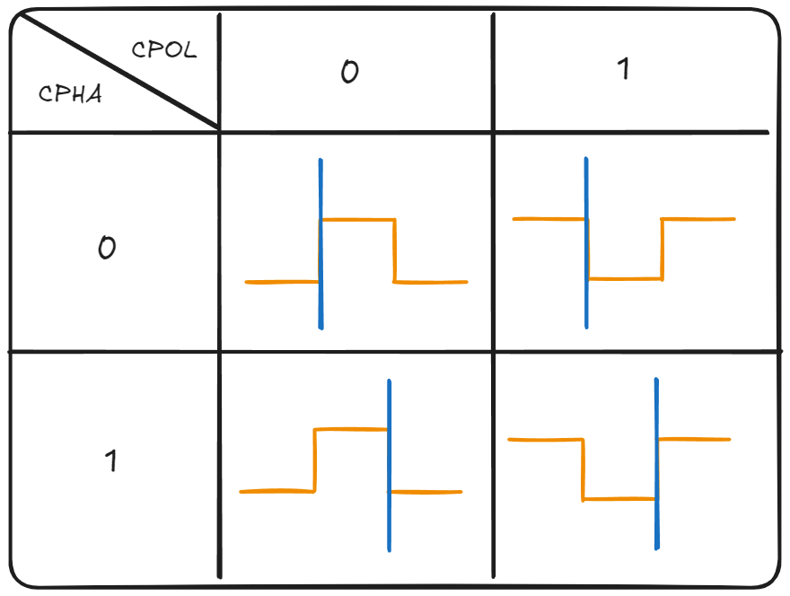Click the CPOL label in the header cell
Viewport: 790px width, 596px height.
164,49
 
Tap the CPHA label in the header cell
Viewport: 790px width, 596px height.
70,93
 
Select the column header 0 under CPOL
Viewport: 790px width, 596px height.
350,72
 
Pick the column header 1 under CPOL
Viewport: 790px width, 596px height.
624,69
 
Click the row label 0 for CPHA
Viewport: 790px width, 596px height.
106,248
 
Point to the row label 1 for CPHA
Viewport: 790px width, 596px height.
110,461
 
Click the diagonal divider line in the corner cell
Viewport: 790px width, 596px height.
117,71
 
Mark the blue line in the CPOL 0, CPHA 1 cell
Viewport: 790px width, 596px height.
389,404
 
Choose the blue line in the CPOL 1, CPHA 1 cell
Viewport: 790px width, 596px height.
656,404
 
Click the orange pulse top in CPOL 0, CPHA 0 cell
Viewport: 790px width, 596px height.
357,219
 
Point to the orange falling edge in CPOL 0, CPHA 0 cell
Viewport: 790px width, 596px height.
394,250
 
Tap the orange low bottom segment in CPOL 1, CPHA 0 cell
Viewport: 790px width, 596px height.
625,279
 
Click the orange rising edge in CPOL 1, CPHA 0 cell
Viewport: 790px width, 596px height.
663,250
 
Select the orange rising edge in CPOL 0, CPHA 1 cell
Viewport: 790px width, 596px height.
314,460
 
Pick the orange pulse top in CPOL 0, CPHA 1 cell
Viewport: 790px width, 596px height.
350,430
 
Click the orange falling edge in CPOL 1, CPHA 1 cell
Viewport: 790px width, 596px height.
584,469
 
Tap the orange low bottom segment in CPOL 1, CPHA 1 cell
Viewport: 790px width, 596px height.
619,499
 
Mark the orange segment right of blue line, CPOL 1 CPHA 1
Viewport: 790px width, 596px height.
695,439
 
